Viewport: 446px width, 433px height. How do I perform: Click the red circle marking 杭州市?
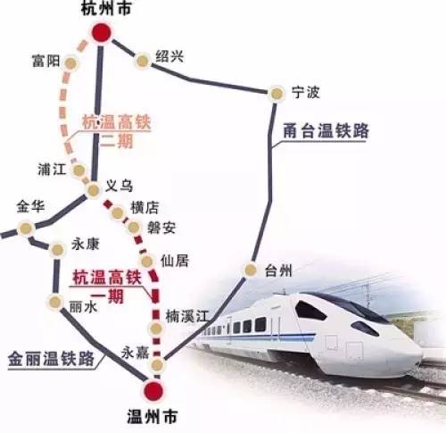click(x=102, y=34)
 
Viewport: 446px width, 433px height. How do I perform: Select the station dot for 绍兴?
click(x=142, y=61)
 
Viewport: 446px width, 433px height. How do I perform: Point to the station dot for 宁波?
click(x=276, y=91)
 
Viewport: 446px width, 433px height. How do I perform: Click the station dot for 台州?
click(x=251, y=271)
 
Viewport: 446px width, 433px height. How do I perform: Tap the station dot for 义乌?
click(x=93, y=189)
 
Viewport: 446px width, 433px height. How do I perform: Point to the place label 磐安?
click(x=161, y=227)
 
